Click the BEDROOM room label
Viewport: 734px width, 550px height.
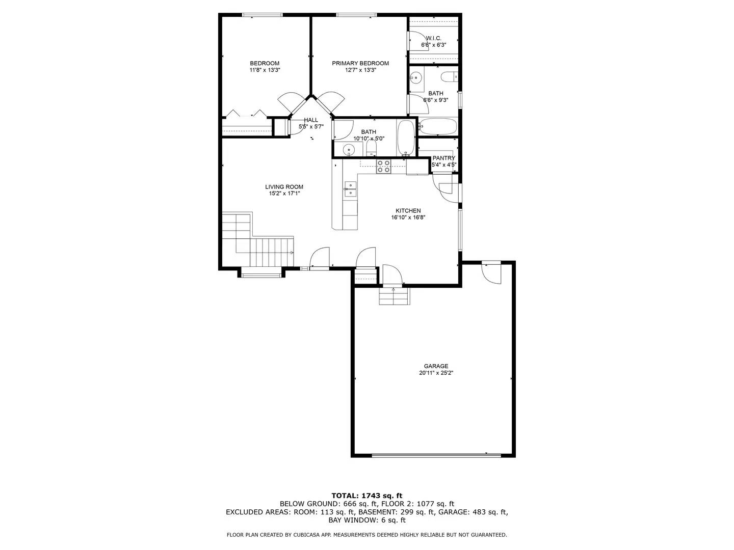[x=265, y=63]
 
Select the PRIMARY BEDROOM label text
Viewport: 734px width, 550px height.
[x=360, y=63]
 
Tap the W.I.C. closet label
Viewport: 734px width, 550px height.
[x=433, y=38]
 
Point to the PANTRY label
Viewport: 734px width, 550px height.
[x=443, y=158]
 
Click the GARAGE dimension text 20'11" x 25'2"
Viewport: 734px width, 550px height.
[x=436, y=373]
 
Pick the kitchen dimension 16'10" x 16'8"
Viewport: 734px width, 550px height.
[x=408, y=217]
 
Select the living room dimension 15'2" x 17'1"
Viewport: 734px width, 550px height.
[x=284, y=194]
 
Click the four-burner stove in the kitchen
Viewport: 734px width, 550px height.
[x=383, y=167]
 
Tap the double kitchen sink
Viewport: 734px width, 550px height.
[x=350, y=189]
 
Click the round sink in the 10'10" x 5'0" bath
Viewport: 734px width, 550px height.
[x=349, y=150]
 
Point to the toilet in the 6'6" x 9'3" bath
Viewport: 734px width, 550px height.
[x=449, y=77]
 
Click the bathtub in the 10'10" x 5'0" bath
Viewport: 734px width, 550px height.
[x=406, y=137]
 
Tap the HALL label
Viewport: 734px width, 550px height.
[x=311, y=120]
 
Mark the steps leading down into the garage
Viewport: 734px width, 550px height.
[x=394, y=296]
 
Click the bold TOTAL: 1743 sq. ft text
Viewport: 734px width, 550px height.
[x=366, y=495]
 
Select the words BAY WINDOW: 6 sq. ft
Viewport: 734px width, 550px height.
[x=367, y=520]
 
